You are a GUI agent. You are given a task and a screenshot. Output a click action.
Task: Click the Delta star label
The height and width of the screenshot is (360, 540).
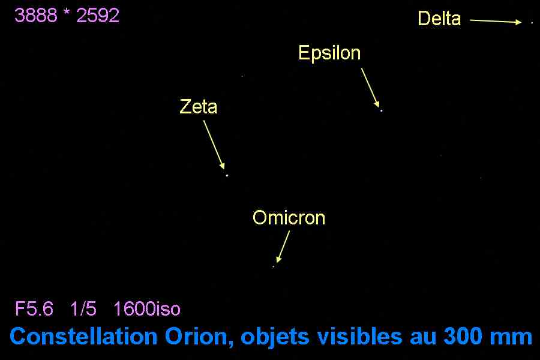pos(439,18)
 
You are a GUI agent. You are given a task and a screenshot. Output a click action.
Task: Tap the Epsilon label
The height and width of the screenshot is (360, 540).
pos(329,53)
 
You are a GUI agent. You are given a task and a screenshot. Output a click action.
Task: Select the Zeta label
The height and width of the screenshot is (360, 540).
pos(199,106)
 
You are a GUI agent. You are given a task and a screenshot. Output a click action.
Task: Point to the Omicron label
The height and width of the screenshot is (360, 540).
pos(289,218)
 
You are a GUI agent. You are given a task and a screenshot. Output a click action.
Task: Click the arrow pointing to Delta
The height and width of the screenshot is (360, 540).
pos(496,22)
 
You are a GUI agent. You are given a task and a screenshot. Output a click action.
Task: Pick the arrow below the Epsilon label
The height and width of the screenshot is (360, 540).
pos(370,88)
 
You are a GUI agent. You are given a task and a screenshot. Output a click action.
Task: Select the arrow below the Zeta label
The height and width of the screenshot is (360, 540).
pos(214,145)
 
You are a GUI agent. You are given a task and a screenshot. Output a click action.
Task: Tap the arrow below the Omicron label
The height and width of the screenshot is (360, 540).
pos(283,247)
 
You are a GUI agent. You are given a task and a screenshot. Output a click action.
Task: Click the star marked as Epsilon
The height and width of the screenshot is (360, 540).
pos(381,110)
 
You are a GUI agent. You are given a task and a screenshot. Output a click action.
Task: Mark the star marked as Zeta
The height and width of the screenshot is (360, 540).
pos(227,175)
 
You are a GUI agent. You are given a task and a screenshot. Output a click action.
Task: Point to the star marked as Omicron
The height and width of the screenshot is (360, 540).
pos(274,266)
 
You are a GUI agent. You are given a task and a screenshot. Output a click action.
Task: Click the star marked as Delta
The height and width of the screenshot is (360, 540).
pos(532,23)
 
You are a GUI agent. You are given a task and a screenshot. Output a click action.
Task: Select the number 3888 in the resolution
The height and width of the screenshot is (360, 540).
pos(36,16)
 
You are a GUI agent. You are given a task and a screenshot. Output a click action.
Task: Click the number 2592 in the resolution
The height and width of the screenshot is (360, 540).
pos(98,16)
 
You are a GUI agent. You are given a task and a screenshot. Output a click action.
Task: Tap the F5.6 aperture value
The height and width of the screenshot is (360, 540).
pos(34,308)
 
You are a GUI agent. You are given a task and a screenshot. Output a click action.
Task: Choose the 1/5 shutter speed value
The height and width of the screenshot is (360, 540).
pos(83,308)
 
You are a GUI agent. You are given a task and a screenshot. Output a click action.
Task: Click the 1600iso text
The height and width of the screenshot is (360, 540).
pos(147,308)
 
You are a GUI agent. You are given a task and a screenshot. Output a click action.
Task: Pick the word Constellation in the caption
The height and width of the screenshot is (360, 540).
pos(83,336)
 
